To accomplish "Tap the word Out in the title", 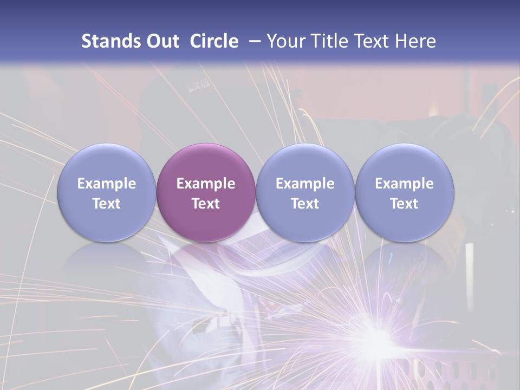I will point(161,41).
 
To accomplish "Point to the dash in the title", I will point(252,42).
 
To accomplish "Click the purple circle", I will point(206,193).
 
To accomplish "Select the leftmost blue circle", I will point(107,193).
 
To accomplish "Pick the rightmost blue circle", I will point(404,193).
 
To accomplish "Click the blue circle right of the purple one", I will point(305,193).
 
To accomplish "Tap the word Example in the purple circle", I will point(206,184).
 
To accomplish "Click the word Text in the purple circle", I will point(206,204).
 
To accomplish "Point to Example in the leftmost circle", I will point(107,184).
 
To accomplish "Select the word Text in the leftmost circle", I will point(107,204).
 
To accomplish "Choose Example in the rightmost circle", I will point(404,184).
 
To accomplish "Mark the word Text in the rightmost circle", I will point(404,204).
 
